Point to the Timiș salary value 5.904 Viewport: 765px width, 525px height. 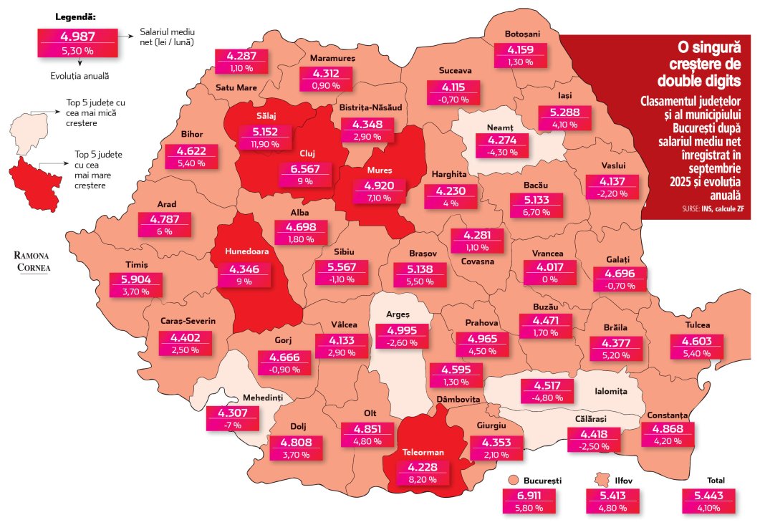coord(135,279)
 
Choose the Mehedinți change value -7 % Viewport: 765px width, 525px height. coord(231,424)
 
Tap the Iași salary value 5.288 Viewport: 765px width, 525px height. coord(565,112)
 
